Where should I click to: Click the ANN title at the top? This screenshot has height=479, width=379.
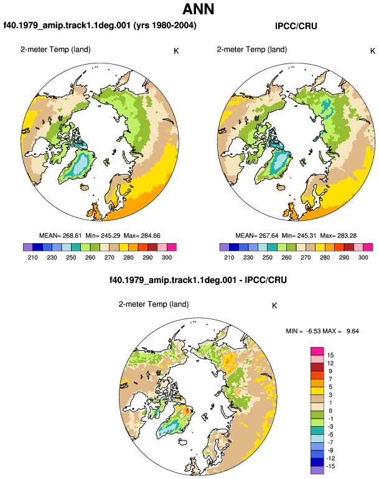(199, 9)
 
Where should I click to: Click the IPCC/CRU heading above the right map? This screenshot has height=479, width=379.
(296, 26)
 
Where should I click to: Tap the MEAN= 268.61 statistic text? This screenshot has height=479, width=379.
(60, 236)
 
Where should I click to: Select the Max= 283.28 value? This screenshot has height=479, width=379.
(339, 236)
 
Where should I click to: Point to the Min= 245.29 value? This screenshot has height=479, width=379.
(103, 236)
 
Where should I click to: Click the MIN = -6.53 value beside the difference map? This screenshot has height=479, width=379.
(302, 331)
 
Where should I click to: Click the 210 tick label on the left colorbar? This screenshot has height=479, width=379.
(33, 258)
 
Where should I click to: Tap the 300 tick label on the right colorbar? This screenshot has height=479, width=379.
(363, 258)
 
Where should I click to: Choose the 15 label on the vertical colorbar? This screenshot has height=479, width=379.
(330, 355)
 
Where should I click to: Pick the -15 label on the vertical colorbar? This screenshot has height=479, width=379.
(330, 467)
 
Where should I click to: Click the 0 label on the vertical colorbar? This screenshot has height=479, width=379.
(330, 411)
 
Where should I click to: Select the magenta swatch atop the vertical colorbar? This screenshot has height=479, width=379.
(317, 351)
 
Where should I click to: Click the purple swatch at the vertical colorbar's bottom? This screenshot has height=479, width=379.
(317, 470)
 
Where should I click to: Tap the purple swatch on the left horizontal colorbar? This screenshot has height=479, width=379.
(28, 247)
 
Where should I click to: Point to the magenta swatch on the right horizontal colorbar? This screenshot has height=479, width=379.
(368, 247)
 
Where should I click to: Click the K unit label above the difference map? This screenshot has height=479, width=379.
(274, 306)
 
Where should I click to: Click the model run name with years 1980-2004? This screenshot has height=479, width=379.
(100, 26)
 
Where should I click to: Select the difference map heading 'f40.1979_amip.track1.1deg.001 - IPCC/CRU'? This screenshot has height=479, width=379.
(198, 280)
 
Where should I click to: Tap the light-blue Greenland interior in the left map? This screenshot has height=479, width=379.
(80, 164)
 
